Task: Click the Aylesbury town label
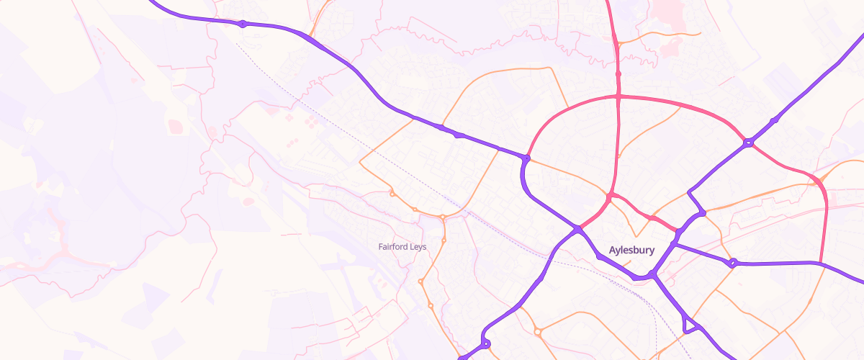(631, 251)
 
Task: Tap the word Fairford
(393, 247)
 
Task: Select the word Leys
(418, 247)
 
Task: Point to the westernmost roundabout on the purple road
(243, 24)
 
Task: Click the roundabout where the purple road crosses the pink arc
(749, 143)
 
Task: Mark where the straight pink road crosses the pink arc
(618, 96)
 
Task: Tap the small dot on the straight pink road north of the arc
(618, 73)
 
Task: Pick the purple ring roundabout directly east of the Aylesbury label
(733, 263)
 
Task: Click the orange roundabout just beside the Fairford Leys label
(444, 239)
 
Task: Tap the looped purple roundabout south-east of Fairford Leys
(485, 343)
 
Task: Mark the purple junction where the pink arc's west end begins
(527, 158)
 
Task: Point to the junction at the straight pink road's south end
(610, 196)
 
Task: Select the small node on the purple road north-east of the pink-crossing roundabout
(773, 120)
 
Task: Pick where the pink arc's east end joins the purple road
(821, 263)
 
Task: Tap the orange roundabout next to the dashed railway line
(442, 217)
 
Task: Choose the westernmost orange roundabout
(392, 193)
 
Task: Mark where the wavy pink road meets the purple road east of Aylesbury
(677, 230)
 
